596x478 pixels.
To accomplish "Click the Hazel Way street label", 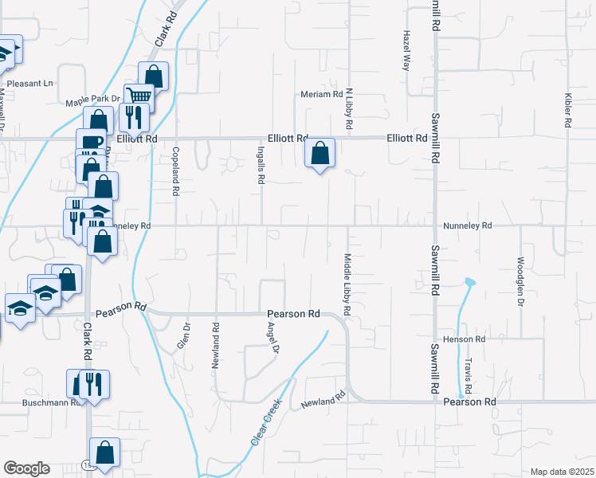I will [x=406, y=51].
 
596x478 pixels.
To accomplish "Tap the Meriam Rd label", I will [x=321, y=94].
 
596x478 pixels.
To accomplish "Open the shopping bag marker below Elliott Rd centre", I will [x=320, y=153].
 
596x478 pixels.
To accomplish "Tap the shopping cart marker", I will [x=139, y=95].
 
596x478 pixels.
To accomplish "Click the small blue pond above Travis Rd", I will [x=469, y=282].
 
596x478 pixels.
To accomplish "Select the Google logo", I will [x=26, y=468].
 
